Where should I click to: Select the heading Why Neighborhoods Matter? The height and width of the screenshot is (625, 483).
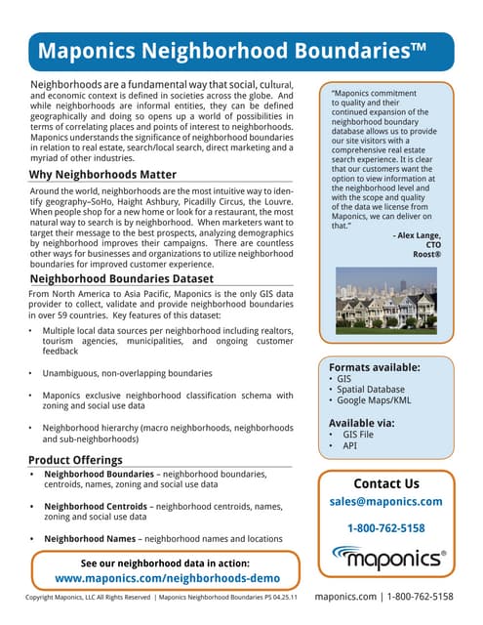(103, 175)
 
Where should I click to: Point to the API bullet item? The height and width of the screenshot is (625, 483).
(351, 445)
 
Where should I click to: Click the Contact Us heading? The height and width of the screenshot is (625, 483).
(386, 483)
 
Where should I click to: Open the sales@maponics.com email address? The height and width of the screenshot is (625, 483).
(386, 501)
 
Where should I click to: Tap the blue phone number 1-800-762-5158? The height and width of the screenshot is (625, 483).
(386, 528)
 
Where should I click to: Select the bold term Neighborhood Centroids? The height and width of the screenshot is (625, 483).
(97, 507)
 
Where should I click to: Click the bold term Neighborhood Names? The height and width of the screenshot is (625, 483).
(90, 538)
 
